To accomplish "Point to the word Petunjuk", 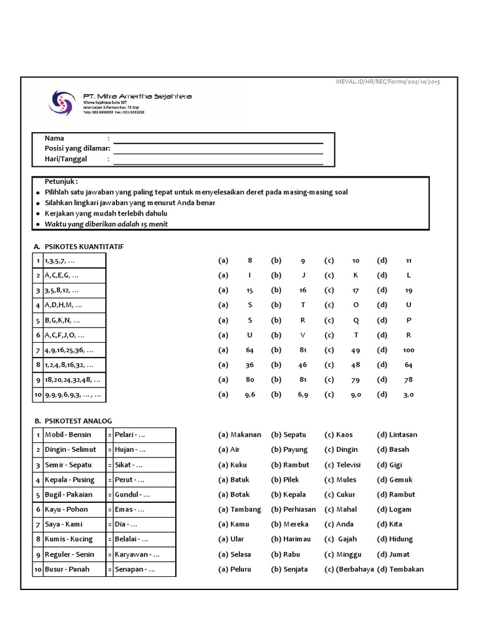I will point(61,181).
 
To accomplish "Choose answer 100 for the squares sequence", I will point(409,350).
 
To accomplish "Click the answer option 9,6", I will point(249,394).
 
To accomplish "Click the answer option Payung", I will point(295,450).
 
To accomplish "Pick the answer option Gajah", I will point(347,539).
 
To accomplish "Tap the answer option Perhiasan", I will point(299,509).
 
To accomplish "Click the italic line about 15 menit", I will point(106,224).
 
